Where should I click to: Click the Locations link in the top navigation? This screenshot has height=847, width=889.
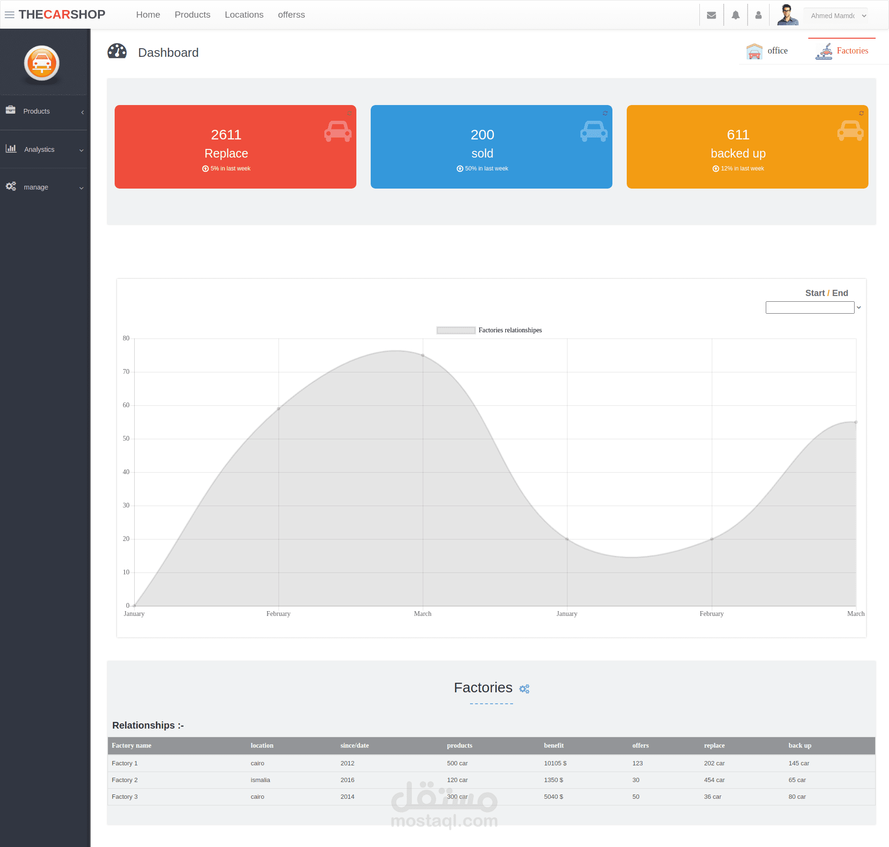tap(244, 15)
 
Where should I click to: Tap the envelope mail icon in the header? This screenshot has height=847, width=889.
tap(711, 15)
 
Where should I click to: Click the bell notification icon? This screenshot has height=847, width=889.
tap(736, 15)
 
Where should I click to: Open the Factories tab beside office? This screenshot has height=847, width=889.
tap(852, 51)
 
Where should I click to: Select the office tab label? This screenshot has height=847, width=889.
tap(777, 51)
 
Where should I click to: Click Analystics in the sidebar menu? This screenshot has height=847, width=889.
tap(39, 149)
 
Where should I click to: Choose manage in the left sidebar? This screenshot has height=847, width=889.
tap(36, 187)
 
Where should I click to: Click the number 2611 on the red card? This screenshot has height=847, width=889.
tap(226, 135)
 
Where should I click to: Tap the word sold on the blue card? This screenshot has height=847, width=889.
tap(482, 153)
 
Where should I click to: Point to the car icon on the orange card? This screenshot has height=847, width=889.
tap(850, 130)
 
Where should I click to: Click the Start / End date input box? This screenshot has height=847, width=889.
tap(810, 307)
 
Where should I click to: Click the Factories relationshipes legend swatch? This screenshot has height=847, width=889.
tap(456, 330)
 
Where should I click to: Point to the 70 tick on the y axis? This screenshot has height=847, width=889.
tap(126, 371)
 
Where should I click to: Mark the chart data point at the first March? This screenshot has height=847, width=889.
tap(423, 355)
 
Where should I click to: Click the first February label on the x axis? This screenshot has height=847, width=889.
tap(278, 614)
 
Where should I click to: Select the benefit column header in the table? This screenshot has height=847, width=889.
tap(554, 745)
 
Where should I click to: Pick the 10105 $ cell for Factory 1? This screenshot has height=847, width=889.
tap(555, 763)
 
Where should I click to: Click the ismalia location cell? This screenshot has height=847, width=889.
tap(260, 780)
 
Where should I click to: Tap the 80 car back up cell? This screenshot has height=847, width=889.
tap(797, 796)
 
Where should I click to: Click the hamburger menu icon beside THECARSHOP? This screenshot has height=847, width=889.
tap(10, 15)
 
